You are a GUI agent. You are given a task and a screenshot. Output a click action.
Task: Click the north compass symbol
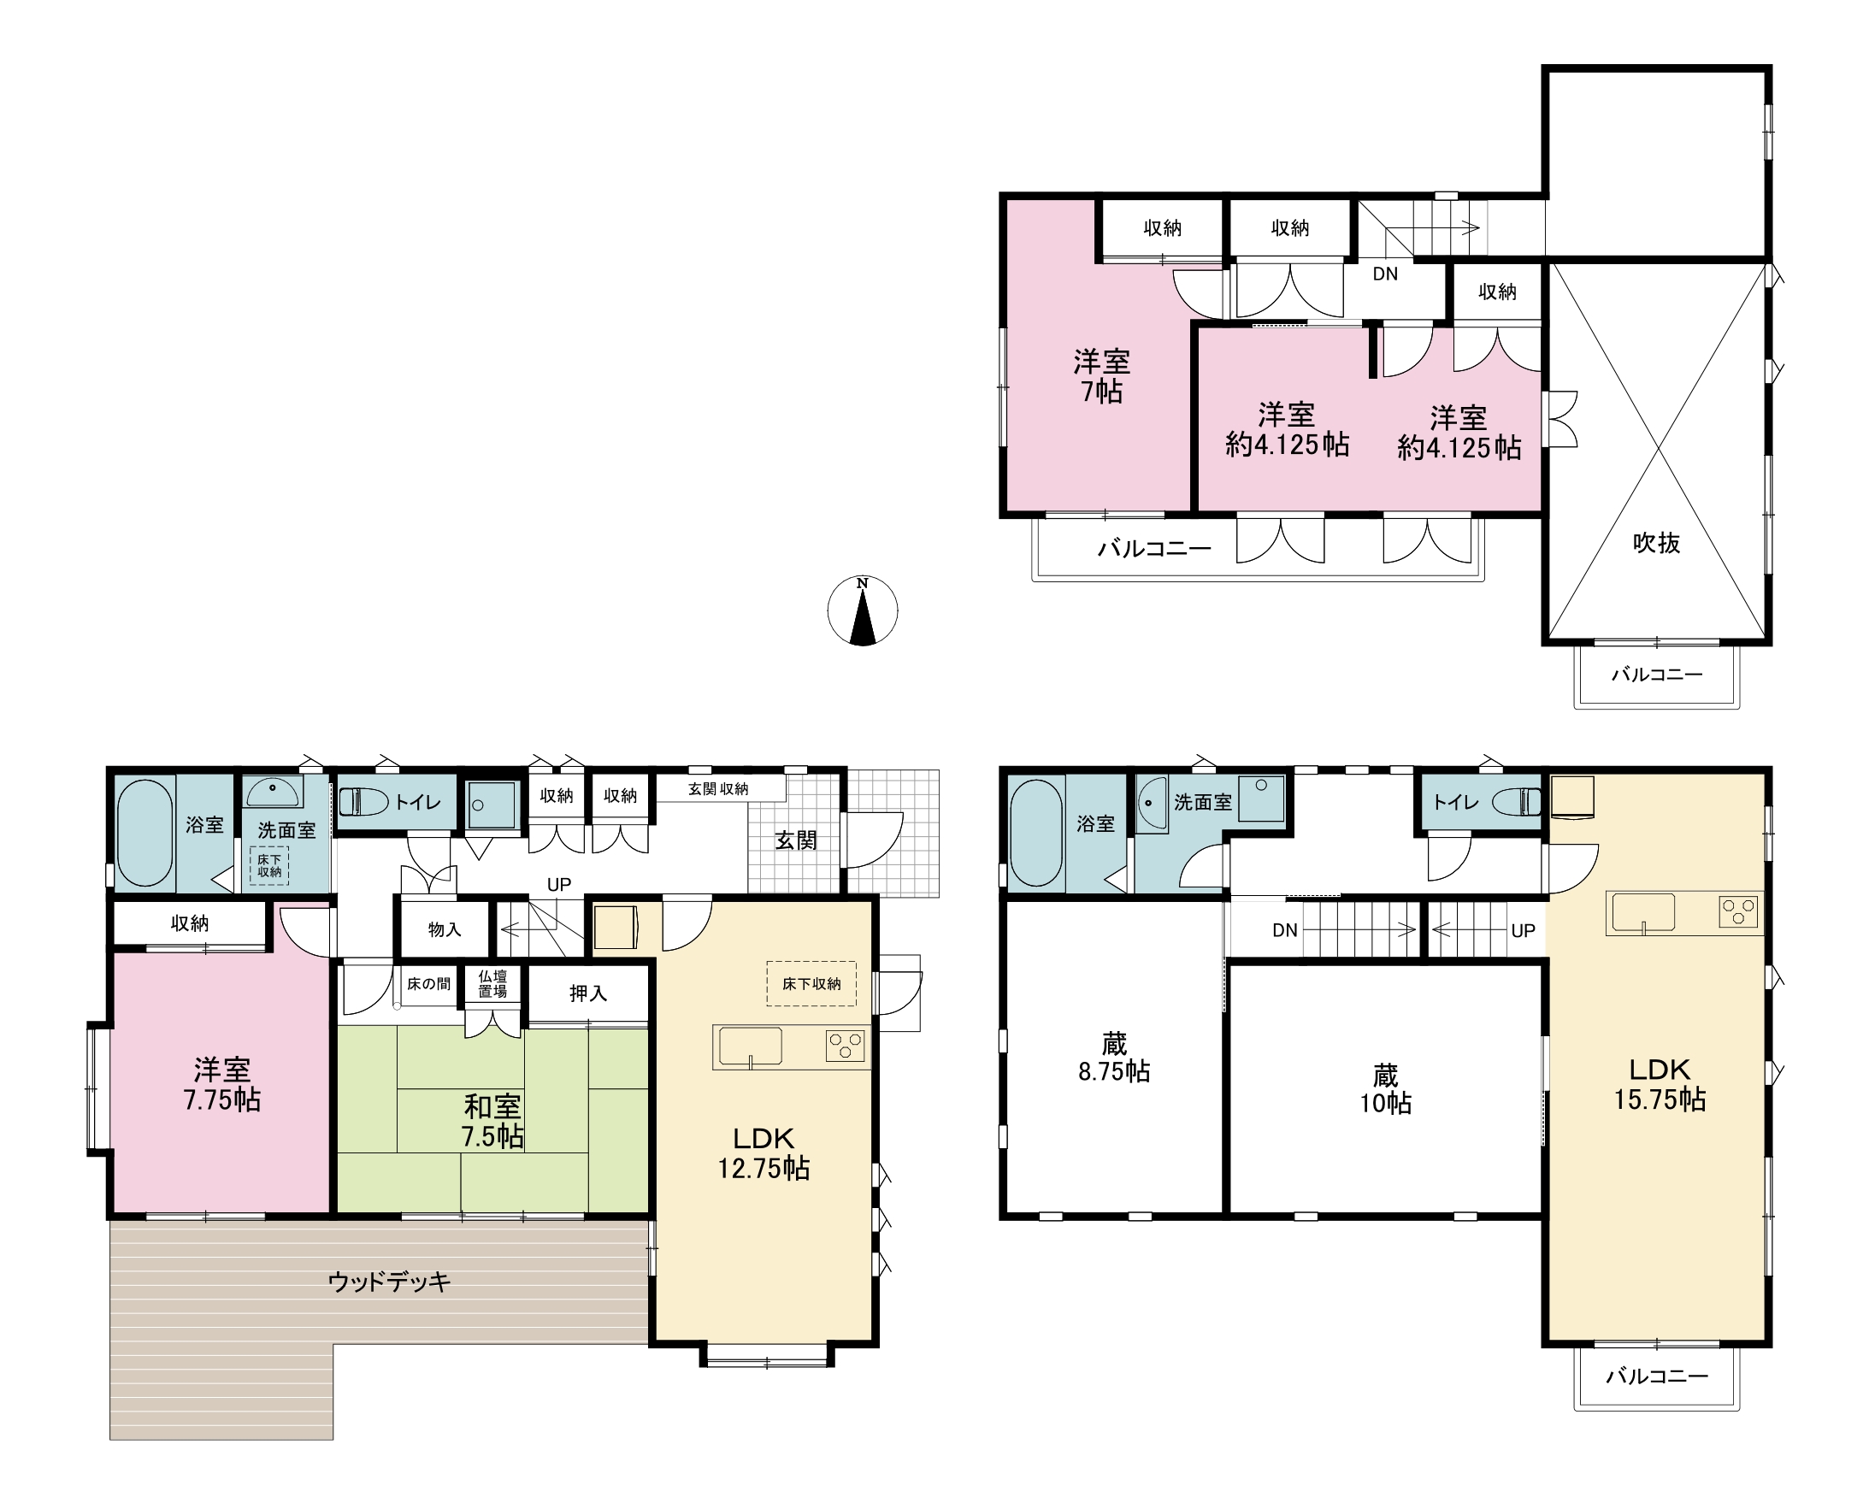click(863, 610)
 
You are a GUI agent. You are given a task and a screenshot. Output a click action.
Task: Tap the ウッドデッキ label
click(390, 1282)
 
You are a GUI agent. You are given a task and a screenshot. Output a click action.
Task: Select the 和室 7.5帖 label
click(492, 1122)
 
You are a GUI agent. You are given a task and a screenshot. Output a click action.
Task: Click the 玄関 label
click(795, 840)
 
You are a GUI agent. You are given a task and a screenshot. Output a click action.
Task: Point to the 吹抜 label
click(1656, 543)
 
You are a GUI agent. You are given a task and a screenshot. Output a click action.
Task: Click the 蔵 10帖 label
click(1386, 1089)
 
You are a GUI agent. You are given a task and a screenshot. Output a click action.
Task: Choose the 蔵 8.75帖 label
click(1113, 1057)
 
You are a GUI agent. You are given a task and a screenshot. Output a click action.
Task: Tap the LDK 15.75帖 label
click(1660, 1084)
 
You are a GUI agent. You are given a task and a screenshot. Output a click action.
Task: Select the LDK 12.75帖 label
click(764, 1152)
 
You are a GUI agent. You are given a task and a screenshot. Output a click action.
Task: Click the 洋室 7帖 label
click(1101, 376)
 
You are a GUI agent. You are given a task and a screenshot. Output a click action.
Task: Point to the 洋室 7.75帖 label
click(221, 1084)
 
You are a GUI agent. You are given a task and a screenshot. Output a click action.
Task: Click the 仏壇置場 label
click(492, 983)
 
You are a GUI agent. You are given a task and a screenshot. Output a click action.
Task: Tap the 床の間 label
click(428, 984)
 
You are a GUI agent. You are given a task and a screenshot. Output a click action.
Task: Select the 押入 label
click(587, 993)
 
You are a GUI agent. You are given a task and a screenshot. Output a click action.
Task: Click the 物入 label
click(445, 929)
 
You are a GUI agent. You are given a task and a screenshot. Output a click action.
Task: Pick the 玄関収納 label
click(718, 788)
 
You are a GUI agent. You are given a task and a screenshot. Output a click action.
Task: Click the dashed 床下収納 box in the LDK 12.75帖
click(811, 983)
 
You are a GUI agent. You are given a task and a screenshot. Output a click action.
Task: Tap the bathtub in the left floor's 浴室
click(145, 833)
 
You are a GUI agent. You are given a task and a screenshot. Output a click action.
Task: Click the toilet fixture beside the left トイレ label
click(363, 801)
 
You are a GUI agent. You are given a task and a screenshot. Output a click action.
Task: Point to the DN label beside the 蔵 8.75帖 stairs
click(1285, 930)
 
